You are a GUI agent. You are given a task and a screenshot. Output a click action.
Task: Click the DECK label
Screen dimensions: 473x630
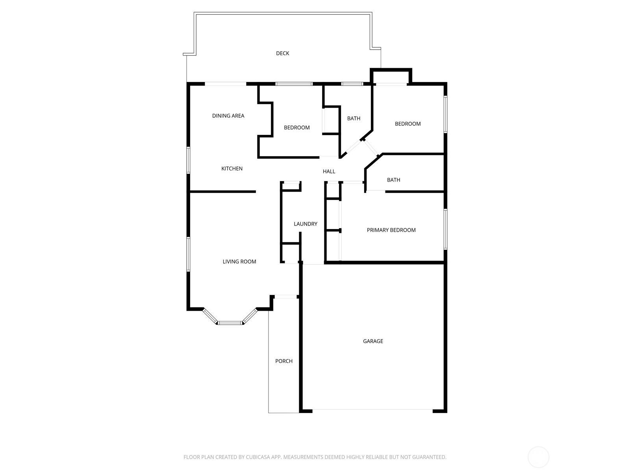282,53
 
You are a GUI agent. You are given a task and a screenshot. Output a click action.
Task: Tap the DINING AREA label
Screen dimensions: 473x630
228,115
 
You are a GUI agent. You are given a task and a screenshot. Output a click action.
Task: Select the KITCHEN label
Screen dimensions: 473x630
232,168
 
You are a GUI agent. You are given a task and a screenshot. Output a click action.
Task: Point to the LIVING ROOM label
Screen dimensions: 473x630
239,261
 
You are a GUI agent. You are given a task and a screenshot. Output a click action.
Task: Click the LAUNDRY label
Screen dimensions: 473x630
306,224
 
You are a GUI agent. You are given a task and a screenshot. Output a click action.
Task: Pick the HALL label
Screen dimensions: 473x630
329,171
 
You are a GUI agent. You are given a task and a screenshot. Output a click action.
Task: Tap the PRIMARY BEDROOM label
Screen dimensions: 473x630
391,230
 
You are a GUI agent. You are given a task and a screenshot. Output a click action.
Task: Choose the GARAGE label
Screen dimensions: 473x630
373,341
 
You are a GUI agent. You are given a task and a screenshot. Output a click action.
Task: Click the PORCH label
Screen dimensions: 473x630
284,361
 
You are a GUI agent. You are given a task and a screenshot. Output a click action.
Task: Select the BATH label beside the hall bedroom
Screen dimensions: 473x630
354,118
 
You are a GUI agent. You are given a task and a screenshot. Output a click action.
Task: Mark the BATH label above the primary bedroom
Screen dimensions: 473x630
393,180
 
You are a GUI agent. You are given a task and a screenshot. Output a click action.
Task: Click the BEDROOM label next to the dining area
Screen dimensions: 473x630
297,127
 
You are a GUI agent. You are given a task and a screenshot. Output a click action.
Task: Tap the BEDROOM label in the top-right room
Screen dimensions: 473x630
408,124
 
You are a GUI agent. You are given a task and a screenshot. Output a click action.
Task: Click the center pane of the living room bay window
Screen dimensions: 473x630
230,323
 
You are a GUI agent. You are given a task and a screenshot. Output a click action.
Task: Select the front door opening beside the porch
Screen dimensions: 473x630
285,297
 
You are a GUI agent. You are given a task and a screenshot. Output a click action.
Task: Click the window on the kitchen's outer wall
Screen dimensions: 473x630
188,160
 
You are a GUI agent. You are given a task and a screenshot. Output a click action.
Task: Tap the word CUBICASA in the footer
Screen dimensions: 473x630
258,457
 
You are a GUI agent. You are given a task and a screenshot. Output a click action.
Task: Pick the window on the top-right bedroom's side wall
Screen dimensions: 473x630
446,114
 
